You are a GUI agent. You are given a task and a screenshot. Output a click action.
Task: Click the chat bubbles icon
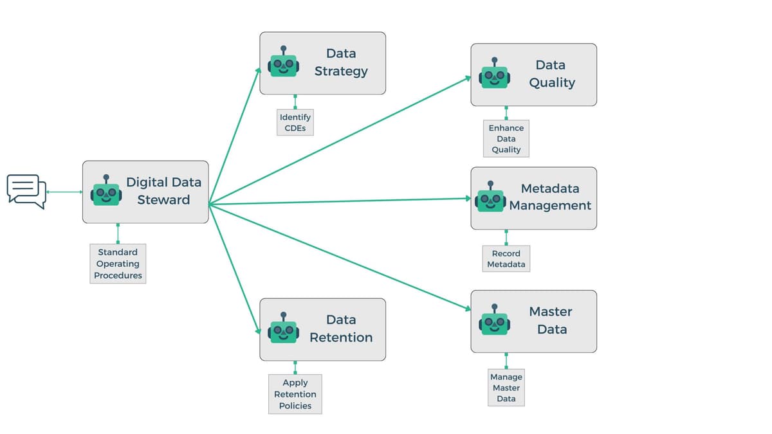pyautogui.click(x=26, y=191)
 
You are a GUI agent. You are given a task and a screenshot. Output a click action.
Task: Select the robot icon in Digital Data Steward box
pyautogui.click(x=106, y=192)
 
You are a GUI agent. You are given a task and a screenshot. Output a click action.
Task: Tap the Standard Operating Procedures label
pyautogui.click(x=118, y=264)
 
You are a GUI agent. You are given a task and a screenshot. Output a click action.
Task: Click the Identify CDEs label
pyautogui.click(x=295, y=123)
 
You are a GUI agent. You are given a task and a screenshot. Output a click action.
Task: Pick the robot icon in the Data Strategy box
pyautogui.click(x=283, y=62)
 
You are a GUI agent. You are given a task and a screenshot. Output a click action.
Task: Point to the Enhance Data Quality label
pyautogui.click(x=506, y=139)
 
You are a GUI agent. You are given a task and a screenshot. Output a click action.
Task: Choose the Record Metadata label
pyautogui.click(x=506, y=258)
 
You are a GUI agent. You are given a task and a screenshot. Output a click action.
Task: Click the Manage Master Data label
pyautogui.click(x=506, y=388)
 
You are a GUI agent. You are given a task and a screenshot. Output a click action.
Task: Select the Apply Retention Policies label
pyautogui.click(x=295, y=394)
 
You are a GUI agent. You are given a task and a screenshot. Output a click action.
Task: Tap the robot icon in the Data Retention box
pyautogui.click(x=283, y=329)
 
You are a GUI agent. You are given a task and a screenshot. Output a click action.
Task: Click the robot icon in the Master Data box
pyautogui.click(x=494, y=321)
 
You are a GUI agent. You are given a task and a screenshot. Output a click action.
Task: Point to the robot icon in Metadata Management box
pyautogui.click(x=491, y=198)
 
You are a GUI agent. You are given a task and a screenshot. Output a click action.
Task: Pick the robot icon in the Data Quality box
pyautogui.click(x=494, y=75)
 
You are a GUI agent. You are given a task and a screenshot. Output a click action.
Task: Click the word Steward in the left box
pyautogui.click(x=163, y=200)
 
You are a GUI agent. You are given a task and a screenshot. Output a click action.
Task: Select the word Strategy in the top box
pyautogui.click(x=341, y=71)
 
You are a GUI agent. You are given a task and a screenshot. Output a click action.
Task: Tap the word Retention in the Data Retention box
pyautogui.click(x=341, y=338)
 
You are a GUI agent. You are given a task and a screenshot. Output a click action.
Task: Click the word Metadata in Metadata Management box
pyautogui.click(x=550, y=188)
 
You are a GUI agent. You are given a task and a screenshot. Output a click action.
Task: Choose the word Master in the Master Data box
pyautogui.click(x=551, y=312)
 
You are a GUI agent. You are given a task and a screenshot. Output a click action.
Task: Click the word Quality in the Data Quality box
pyautogui.click(x=552, y=83)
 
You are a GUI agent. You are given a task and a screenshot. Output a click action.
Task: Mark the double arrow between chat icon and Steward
pyautogui.click(x=64, y=192)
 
